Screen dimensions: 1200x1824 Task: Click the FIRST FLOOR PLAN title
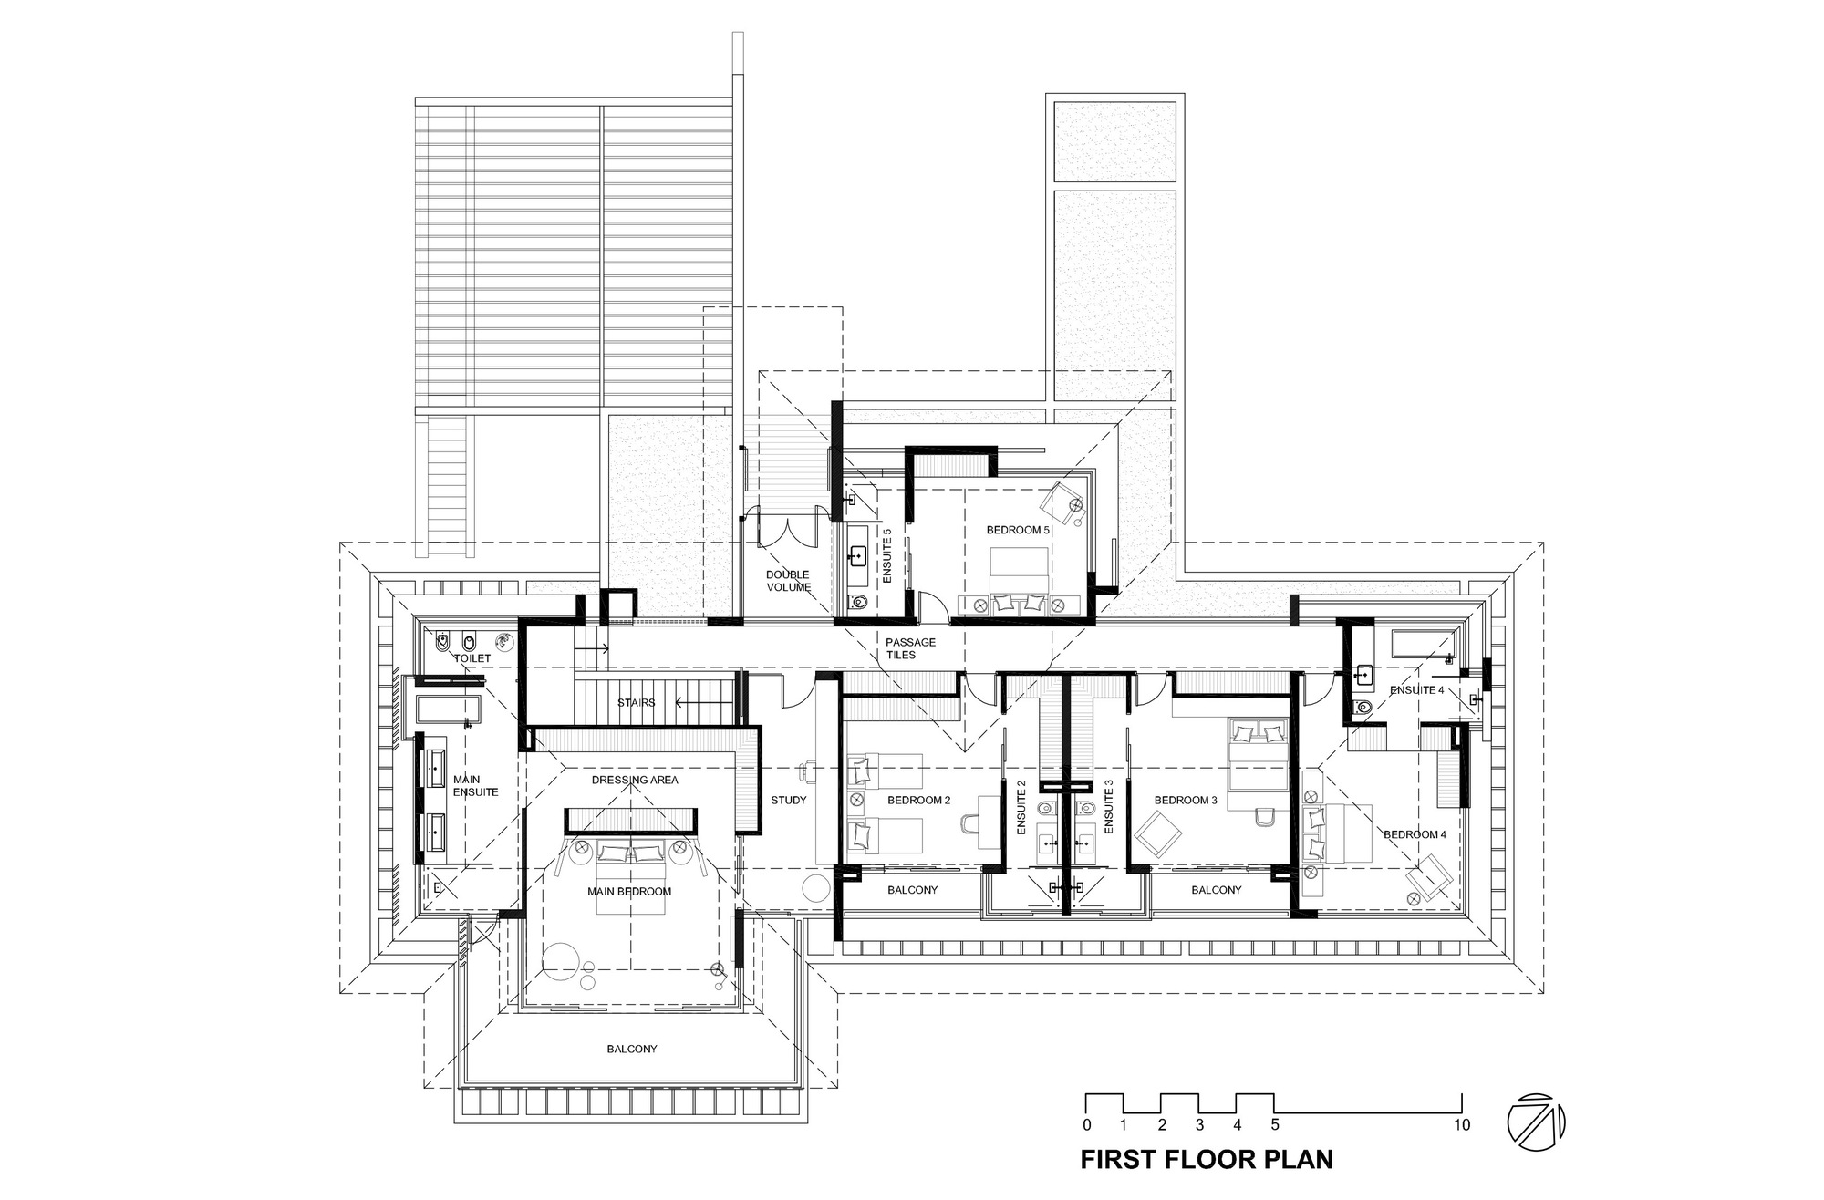tap(1207, 1159)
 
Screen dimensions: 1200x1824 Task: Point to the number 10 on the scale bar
tap(1461, 1125)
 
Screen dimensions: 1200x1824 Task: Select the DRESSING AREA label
tap(635, 780)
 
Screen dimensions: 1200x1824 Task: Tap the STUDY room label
tap(788, 800)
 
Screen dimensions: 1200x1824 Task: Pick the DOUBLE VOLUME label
tap(788, 581)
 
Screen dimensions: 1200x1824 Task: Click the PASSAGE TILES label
tap(910, 648)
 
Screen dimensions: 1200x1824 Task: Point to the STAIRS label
tap(636, 702)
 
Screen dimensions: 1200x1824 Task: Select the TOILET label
tap(472, 657)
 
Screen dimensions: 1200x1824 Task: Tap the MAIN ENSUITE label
tap(476, 786)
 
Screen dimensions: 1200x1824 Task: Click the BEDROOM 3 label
tap(1186, 800)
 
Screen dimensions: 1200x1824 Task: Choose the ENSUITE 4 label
tap(1416, 690)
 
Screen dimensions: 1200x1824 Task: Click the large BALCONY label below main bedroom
tap(631, 1049)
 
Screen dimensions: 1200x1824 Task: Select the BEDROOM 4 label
tap(1415, 833)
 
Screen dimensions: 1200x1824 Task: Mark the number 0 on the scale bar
tap(1087, 1125)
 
